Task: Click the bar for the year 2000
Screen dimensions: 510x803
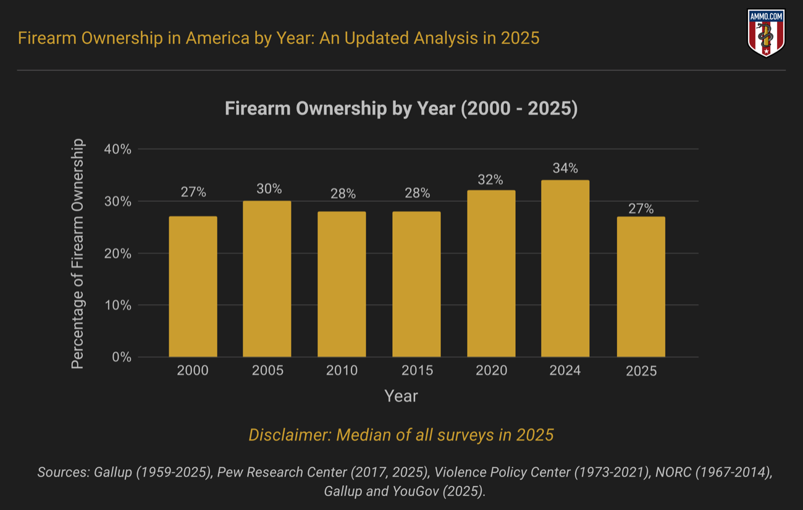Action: click(x=193, y=286)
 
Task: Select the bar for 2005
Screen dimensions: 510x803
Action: click(x=267, y=279)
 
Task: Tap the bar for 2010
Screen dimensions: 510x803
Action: click(x=342, y=284)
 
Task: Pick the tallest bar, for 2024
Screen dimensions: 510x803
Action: click(x=565, y=269)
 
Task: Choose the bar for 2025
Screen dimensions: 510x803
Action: click(x=641, y=286)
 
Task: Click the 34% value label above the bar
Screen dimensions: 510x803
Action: click(x=565, y=168)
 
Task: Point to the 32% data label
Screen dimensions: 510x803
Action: click(x=490, y=180)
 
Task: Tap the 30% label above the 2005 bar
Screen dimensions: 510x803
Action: click(x=269, y=189)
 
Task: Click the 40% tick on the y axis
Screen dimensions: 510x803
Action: click(x=117, y=149)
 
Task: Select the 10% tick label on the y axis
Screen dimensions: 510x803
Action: click(x=117, y=305)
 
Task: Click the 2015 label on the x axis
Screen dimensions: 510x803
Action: click(x=417, y=370)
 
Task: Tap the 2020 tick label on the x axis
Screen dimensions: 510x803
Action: click(x=491, y=370)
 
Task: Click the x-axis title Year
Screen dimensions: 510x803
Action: click(x=401, y=396)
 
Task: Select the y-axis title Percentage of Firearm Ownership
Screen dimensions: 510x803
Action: click(x=77, y=254)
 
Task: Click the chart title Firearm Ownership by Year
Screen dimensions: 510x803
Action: click(x=401, y=109)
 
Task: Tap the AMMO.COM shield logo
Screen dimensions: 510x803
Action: click(x=766, y=33)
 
